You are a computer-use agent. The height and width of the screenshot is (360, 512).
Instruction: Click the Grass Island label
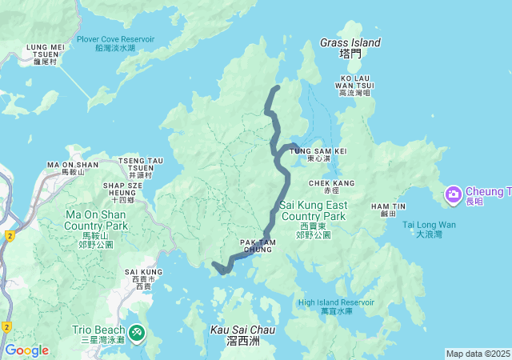tap(350, 47)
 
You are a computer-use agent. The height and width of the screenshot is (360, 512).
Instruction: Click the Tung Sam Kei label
tap(317, 154)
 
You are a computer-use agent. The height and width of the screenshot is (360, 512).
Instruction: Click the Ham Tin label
tap(384, 210)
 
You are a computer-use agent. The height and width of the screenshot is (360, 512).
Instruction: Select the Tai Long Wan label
tap(429, 229)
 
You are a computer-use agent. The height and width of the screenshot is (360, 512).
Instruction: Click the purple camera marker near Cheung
tap(453, 193)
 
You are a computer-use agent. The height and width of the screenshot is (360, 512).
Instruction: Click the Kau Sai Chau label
tap(242, 334)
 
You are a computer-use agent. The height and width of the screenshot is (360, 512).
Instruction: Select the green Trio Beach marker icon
tap(137, 330)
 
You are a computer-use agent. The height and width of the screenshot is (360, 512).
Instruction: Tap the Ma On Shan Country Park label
tap(96, 220)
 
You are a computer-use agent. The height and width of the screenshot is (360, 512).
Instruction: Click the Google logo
tap(26, 350)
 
